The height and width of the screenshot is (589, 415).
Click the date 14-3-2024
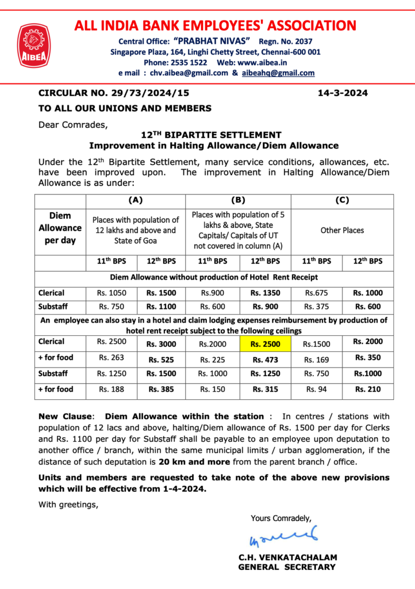point(343,93)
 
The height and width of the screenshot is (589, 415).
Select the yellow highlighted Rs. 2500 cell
point(265,344)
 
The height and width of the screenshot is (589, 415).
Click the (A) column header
point(135,201)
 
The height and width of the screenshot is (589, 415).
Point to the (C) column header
point(342,201)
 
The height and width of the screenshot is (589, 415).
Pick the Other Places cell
point(342,230)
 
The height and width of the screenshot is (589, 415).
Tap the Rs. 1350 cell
point(265,293)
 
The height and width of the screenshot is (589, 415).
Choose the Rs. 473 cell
point(265,359)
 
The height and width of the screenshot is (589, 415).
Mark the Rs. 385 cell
point(161,389)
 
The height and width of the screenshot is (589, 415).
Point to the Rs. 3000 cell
point(161,344)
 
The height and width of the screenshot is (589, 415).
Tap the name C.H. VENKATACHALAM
point(287,557)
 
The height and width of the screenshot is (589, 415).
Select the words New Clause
point(64,416)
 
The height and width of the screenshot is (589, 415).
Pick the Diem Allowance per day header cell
point(60,228)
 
